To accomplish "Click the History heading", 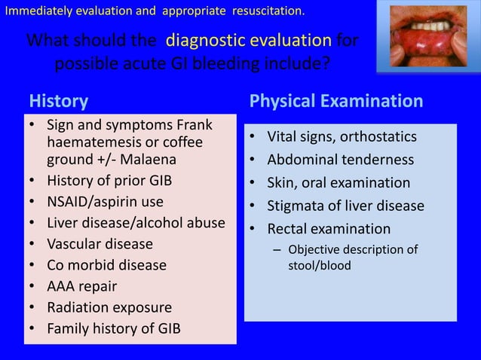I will tap(58, 101).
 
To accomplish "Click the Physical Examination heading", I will tap(335, 101).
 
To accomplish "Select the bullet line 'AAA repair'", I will tap(81, 286).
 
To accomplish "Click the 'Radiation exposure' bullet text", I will tap(109, 307).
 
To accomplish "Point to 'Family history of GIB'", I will tap(114, 328).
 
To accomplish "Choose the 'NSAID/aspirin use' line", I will tap(105, 202).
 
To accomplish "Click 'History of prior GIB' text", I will tap(112, 181).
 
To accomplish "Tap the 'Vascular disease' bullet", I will tap(100, 244).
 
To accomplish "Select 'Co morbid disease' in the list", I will tap(106, 265).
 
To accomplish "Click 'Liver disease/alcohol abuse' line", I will tap(136, 223).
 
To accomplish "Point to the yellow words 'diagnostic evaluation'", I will tap(249, 40).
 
